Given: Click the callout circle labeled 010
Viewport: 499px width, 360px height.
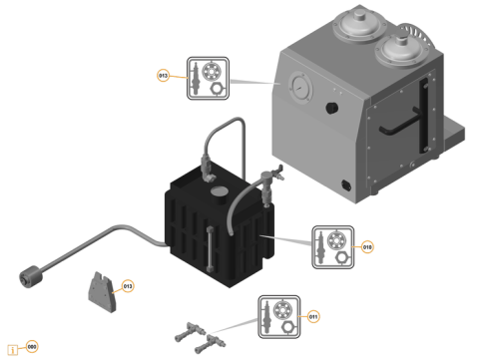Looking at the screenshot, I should tap(367, 246).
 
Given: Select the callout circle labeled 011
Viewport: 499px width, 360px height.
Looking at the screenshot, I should tap(313, 316).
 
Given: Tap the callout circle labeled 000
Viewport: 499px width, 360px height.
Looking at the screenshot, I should tap(32, 347).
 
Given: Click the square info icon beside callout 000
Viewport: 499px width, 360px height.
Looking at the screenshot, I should tap(13, 349).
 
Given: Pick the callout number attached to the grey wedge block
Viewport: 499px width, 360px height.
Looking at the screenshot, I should tap(128, 286).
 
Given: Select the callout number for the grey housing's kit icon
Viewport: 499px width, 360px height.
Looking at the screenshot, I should tap(164, 76).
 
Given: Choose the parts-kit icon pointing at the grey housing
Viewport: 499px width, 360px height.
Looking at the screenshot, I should tap(209, 78).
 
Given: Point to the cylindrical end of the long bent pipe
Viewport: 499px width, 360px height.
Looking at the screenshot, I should tap(29, 271).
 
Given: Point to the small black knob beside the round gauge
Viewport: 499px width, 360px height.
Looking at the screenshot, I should tap(332, 104).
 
